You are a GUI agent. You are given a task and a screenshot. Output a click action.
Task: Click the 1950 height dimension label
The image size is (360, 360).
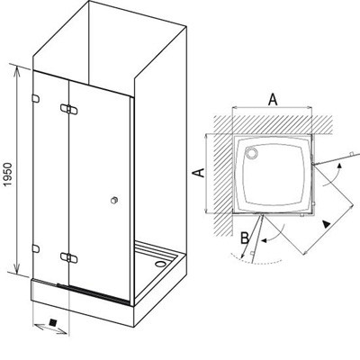8,175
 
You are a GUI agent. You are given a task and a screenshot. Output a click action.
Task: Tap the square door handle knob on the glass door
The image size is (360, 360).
114,200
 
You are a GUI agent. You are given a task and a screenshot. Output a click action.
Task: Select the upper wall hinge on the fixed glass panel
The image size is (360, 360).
35,99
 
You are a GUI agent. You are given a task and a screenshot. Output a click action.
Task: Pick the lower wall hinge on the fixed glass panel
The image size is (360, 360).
35,248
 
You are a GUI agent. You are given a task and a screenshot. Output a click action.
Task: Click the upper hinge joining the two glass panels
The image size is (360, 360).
68,109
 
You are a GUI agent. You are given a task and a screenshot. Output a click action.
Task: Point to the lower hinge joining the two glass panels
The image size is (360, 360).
68,257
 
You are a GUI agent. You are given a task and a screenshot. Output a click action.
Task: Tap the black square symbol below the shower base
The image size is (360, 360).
53,322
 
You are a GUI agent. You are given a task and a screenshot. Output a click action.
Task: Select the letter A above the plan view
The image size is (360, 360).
273,100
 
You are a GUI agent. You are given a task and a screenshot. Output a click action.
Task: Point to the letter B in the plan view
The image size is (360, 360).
245,238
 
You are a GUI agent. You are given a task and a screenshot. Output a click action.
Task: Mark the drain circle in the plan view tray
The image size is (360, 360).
251,153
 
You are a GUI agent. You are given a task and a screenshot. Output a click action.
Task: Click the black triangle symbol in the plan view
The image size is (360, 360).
326,223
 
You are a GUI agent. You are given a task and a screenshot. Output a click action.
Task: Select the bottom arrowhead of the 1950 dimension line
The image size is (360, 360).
17,269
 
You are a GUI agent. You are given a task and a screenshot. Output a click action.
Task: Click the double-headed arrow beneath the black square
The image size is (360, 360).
50,328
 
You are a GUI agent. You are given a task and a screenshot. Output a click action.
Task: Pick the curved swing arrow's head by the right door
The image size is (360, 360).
339,166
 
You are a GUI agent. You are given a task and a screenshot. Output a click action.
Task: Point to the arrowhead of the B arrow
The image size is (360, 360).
242,256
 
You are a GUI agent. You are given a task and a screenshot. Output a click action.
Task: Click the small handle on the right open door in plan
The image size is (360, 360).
351,154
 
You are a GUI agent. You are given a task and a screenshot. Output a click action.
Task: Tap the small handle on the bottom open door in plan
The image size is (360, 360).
252,253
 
